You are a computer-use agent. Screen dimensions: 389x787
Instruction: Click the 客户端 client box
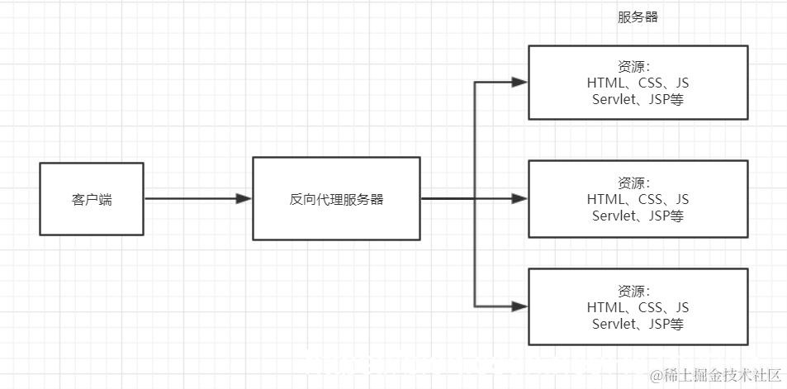click(91, 198)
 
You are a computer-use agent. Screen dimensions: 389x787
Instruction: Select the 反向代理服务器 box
click(336, 198)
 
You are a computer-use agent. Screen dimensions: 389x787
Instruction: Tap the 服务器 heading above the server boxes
click(638, 17)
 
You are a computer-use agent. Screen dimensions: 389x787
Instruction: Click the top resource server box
click(638, 83)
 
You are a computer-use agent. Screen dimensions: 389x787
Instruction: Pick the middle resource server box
click(638, 199)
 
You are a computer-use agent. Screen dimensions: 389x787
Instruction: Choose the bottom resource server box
click(638, 306)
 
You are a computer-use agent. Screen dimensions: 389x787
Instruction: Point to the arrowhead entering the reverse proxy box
click(244, 198)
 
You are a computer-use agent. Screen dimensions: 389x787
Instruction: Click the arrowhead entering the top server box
click(519, 83)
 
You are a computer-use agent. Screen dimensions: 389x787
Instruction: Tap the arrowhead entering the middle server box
click(519, 199)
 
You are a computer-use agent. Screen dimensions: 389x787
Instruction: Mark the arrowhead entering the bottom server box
click(519, 306)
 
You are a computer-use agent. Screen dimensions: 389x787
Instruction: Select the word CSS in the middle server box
click(652, 199)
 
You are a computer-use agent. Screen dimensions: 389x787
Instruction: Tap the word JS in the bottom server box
click(681, 308)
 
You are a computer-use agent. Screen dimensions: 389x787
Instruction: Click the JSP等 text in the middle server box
click(666, 216)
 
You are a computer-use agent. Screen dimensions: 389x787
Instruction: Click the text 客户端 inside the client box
click(91, 200)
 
